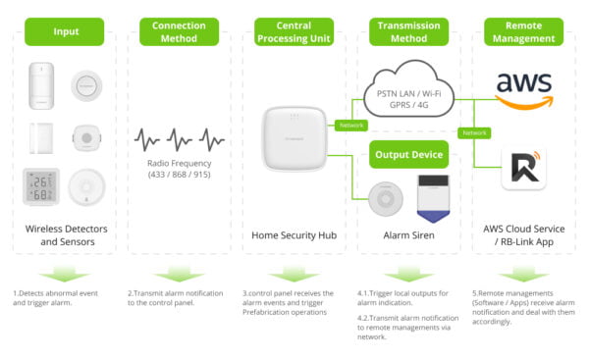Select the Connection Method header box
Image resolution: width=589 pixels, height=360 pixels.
tap(180, 31)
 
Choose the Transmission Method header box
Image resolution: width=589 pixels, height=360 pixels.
tap(409, 31)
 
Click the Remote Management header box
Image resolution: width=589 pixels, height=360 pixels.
tap(523, 31)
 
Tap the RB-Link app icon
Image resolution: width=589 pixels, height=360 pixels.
tap(523, 169)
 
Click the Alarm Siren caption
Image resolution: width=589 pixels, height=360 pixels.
tap(409, 235)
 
